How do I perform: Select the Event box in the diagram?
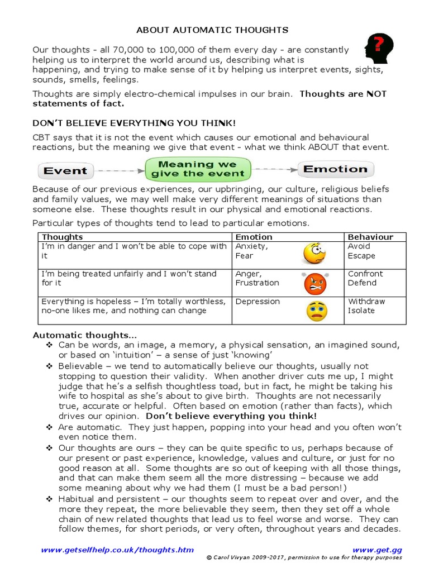tap(65, 170)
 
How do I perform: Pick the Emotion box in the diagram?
tap(336, 169)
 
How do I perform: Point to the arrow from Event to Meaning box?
tap(118, 170)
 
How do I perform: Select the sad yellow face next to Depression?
tap(317, 311)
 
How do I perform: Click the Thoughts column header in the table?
tap(62, 237)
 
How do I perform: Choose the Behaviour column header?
tap(370, 237)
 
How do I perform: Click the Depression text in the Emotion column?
tap(258, 302)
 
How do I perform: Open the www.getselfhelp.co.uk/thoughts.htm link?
tap(117, 550)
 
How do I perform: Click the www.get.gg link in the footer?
tap(377, 550)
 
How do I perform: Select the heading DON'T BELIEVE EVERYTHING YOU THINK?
tap(134, 122)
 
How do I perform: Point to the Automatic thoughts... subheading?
tap(84, 335)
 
